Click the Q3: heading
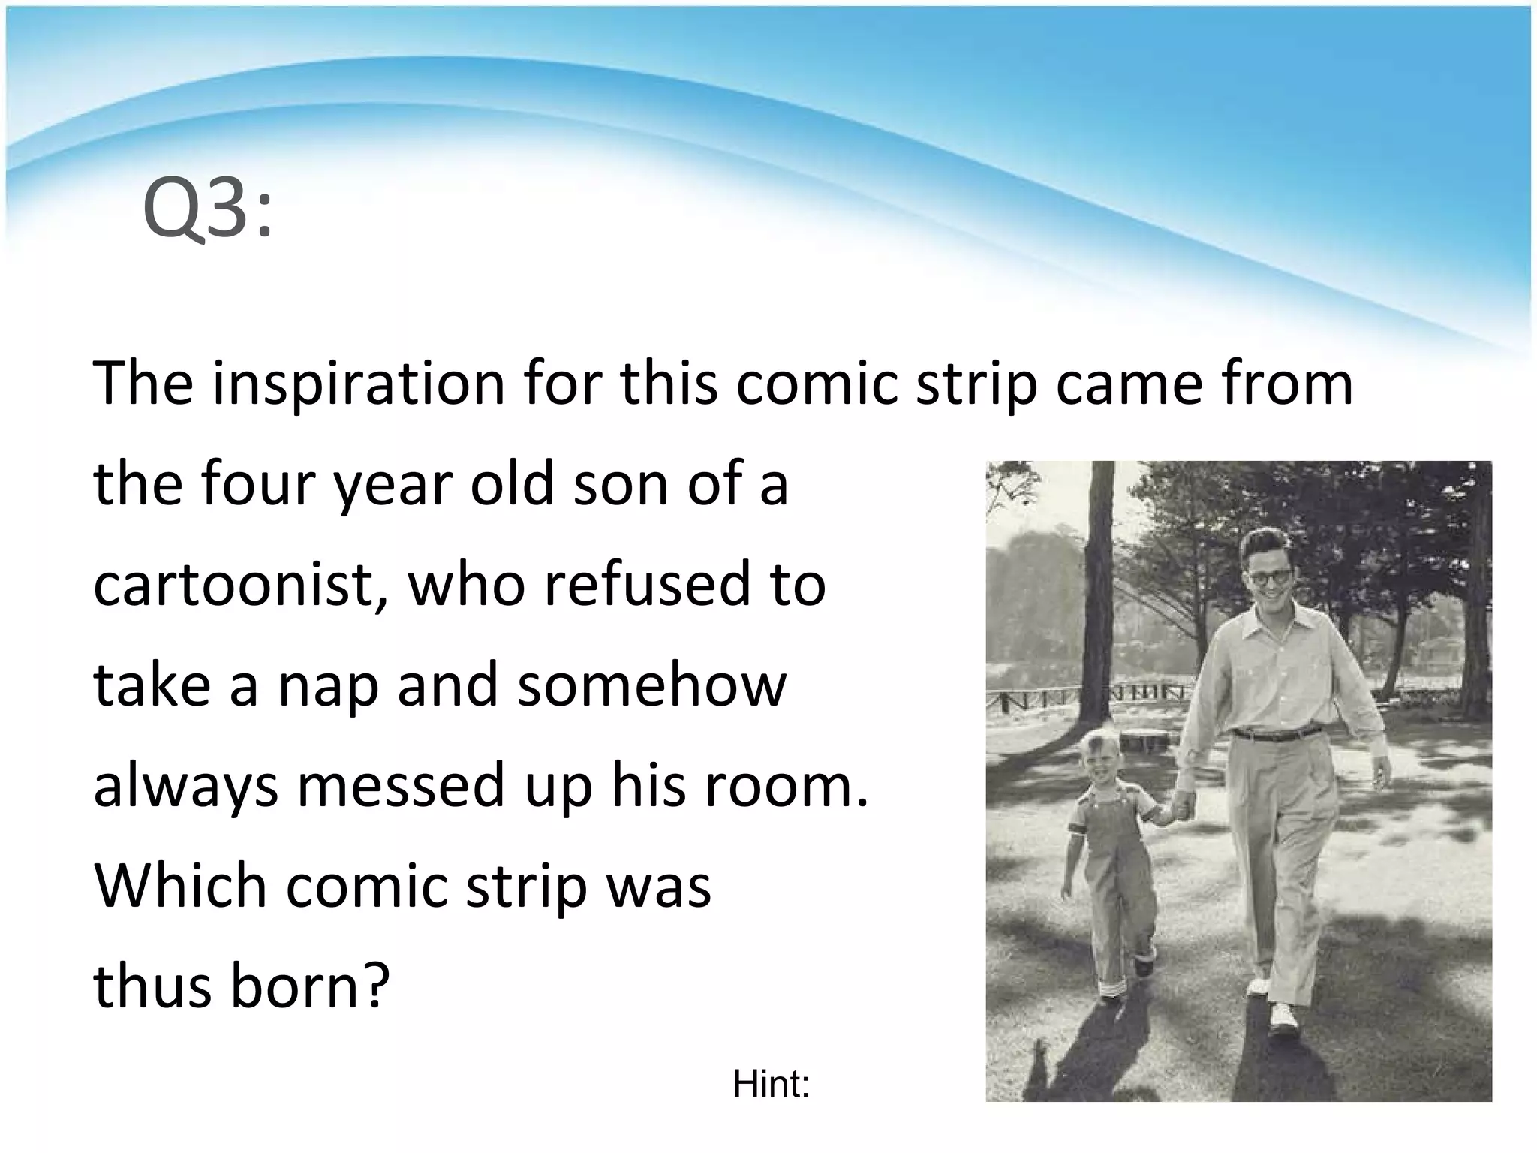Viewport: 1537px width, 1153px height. coord(208,212)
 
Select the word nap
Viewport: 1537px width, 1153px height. coord(327,686)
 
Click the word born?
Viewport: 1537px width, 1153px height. coord(311,986)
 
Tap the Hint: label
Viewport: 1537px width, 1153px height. coord(772,1085)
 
